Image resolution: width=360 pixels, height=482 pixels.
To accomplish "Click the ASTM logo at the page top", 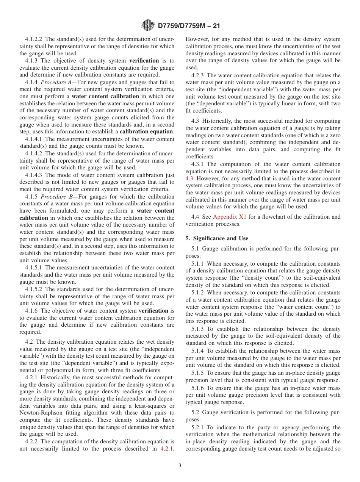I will click(147, 25).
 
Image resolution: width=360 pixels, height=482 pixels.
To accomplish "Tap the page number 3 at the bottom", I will click(180, 466).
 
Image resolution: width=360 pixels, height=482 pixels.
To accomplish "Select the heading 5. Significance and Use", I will click(217, 238).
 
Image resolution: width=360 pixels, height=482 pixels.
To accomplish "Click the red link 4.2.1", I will click(167, 449).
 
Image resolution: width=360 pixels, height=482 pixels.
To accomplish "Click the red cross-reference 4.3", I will click(189, 178).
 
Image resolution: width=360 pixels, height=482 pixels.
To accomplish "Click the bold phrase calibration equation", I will click(146, 132).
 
